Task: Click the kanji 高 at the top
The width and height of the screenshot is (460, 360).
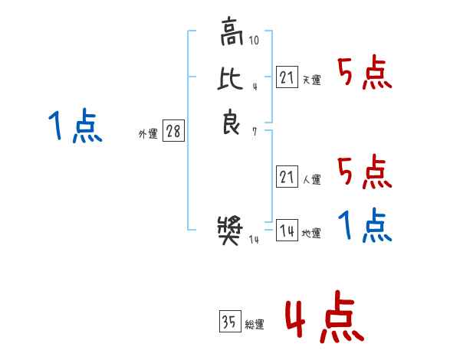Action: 232,31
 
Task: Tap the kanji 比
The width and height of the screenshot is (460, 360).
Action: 230,78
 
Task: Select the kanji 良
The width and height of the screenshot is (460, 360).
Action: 232,122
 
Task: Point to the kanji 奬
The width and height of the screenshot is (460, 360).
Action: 230,231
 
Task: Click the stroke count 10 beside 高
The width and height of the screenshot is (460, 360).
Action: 254,40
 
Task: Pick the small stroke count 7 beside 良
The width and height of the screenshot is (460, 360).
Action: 255,132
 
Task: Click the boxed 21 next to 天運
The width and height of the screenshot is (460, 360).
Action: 287,77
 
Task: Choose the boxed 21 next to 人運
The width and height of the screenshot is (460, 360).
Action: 287,176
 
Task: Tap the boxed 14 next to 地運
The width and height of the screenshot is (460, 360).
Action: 287,230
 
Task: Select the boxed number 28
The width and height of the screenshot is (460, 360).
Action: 174,130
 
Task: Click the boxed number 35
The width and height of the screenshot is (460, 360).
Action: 230,321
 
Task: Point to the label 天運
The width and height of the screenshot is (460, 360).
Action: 312,80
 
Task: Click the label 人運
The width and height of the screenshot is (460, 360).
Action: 312,179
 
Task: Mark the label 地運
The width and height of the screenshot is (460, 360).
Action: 311,233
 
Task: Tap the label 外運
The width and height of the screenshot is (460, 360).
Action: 148,134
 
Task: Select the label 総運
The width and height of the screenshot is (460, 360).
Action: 255,324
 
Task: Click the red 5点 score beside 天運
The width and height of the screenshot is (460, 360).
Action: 365,73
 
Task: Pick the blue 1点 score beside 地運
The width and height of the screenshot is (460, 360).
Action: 365,225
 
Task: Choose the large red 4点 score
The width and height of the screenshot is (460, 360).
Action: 324,316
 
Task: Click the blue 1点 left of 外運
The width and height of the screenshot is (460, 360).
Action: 75,126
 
